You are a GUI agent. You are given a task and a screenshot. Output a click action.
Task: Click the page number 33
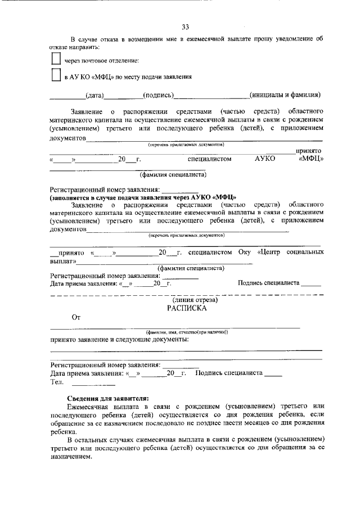tap(186, 26)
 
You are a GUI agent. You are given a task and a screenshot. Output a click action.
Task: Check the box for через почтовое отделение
tap(55, 59)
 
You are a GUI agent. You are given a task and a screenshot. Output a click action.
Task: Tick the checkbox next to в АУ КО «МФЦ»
tap(55, 75)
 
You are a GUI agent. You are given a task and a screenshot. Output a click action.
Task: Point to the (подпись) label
tap(158, 95)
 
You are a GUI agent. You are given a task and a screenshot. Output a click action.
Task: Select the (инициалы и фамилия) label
tap(285, 95)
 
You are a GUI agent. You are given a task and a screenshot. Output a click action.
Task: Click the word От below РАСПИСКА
tap(76, 318)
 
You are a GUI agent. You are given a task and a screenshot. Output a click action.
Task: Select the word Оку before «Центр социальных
tap(244, 253)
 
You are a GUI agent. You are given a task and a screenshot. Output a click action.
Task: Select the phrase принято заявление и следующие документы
tap(119, 340)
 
